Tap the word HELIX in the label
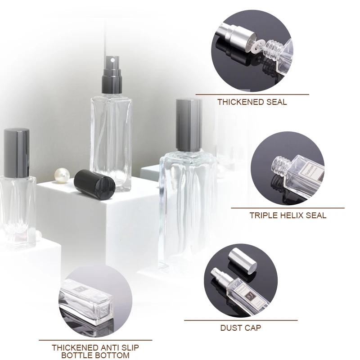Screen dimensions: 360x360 click(x=293, y=215)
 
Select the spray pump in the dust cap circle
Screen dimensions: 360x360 click(x=218, y=277)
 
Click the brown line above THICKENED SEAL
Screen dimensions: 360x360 click(x=252, y=94)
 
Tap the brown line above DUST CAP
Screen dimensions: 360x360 click(x=241, y=320)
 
